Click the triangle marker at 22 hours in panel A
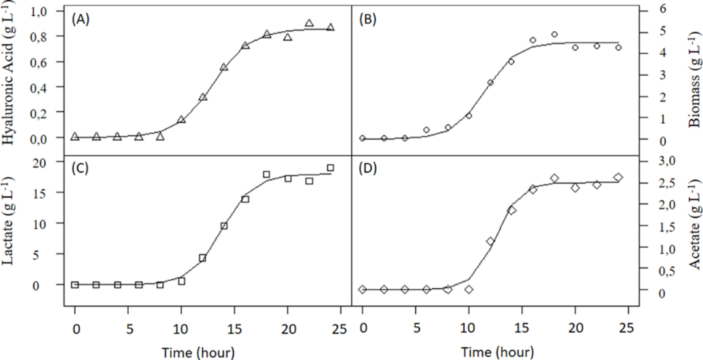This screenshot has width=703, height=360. [309, 23]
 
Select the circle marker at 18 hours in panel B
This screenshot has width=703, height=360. [554, 34]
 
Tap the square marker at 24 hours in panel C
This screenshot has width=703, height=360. [330, 168]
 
